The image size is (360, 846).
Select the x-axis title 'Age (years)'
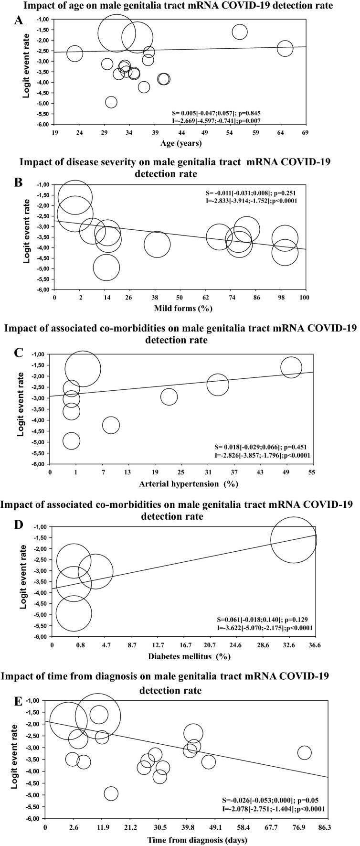tap(181, 143)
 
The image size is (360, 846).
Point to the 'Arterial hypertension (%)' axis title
tap(189, 483)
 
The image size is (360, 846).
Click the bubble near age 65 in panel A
tap(285, 48)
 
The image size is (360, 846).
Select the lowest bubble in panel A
tap(111, 102)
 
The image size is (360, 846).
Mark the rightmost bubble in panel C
tap(291, 367)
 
